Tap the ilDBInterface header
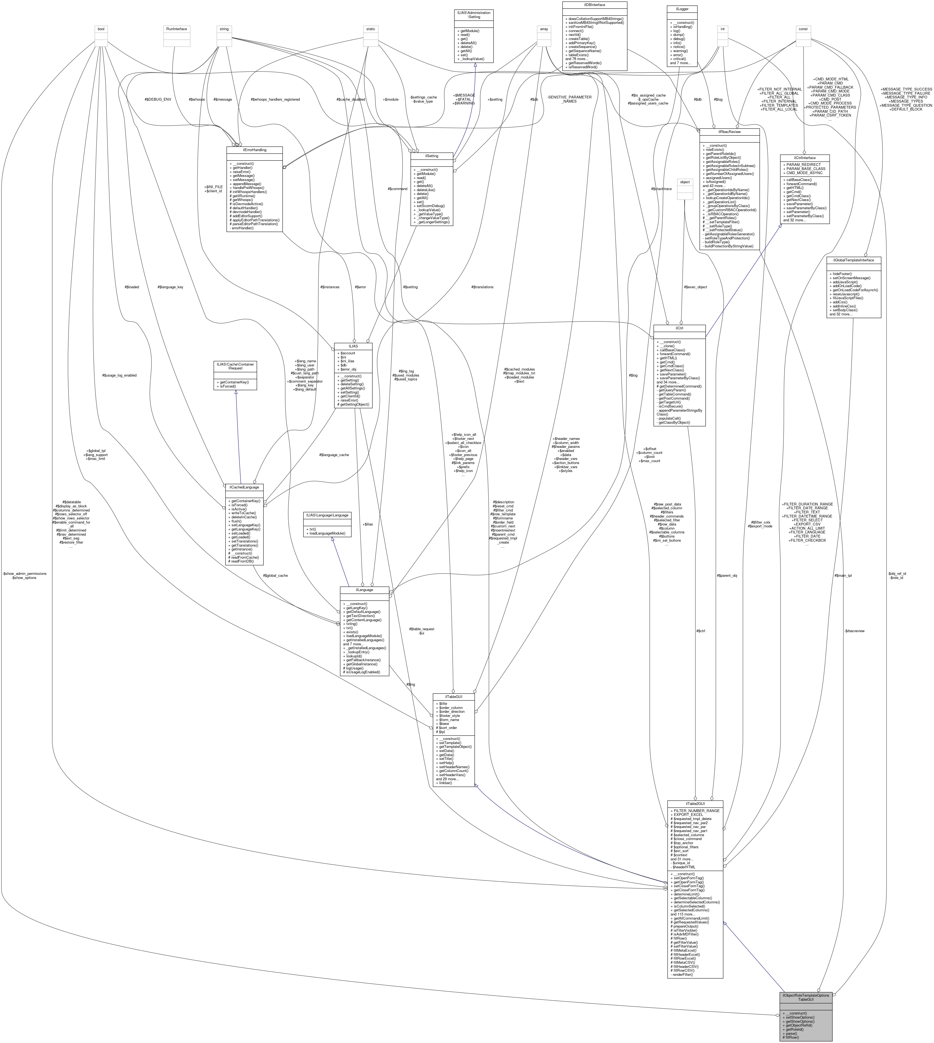tap(594, 5)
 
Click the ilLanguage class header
tap(364, 590)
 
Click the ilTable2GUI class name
tap(695, 804)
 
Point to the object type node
tap(685, 182)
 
